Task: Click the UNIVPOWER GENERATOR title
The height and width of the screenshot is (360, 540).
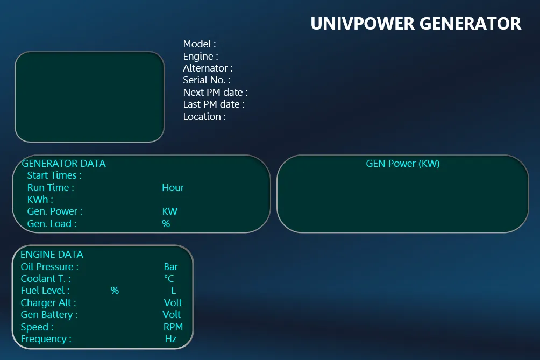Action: coord(416,24)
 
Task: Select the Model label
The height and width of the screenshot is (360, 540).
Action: coord(200,44)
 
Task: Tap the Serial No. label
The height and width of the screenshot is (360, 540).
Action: coord(207,80)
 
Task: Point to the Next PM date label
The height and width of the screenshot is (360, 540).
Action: coord(215,93)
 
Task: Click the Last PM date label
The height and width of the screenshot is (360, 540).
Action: coord(214,104)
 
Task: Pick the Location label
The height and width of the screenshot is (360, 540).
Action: coord(204,116)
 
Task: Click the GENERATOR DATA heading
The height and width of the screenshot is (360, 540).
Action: coord(63,163)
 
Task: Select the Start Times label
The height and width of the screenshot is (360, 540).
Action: coord(54,175)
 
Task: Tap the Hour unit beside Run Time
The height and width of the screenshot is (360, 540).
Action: coord(173,188)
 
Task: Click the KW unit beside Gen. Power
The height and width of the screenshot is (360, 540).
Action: coord(170,211)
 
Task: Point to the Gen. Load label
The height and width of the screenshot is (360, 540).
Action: coord(52,223)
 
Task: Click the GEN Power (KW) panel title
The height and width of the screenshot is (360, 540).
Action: coord(403,164)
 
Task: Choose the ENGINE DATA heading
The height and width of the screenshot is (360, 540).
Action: coord(52,254)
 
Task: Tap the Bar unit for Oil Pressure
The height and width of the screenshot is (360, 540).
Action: coord(171,267)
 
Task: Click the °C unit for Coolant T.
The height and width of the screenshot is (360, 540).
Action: coord(169,278)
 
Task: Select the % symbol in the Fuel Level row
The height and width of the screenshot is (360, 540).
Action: coord(115,291)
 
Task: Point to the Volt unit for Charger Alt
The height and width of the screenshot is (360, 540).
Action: coord(173,302)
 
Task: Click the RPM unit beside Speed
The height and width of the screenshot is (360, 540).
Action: coord(173,327)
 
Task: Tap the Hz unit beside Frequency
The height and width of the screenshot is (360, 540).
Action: coord(171,339)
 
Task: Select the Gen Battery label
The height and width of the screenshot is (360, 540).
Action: coord(49,315)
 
